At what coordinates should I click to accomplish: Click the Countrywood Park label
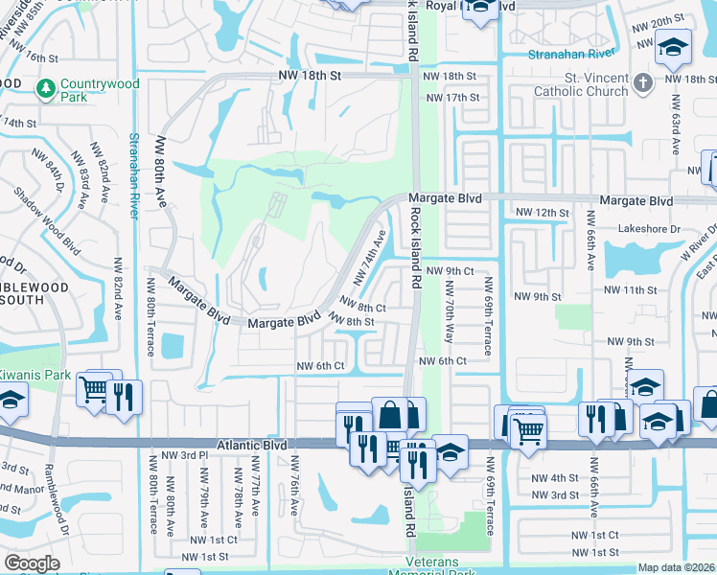pos(99,91)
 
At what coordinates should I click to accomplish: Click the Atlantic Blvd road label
pos(251,446)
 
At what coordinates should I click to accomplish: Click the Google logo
pos(33,563)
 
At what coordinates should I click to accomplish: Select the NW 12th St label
pos(542,212)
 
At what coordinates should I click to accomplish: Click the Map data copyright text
pos(676,567)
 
